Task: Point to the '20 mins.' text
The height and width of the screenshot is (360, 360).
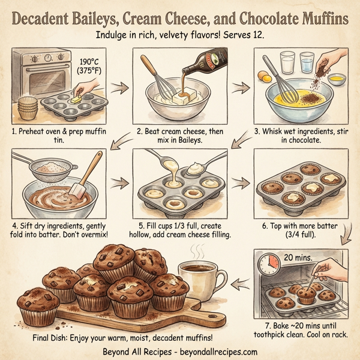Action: pyautogui.click(x=298, y=256)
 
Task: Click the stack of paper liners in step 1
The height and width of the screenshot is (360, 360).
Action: pyautogui.click(x=29, y=108)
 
